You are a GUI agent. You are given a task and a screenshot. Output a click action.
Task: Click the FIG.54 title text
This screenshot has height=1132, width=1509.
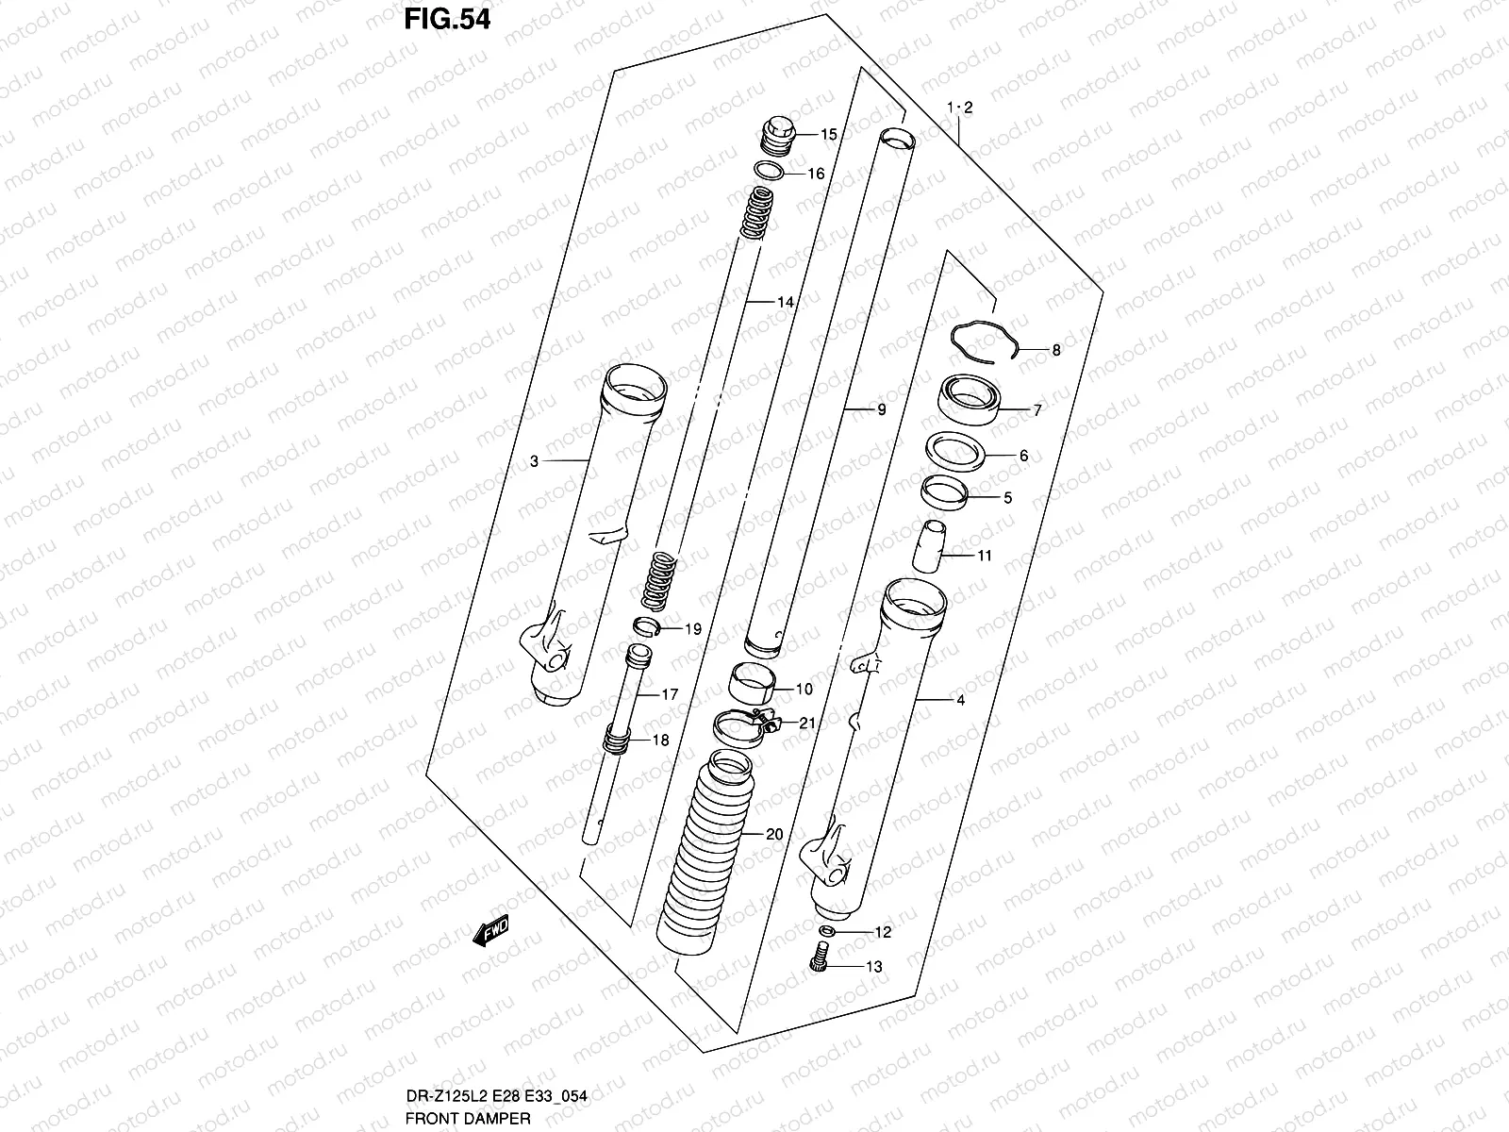(447, 20)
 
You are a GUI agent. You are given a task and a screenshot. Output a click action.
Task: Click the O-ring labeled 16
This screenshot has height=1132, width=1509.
(769, 171)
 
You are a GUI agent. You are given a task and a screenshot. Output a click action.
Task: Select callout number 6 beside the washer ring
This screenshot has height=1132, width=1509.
(1023, 456)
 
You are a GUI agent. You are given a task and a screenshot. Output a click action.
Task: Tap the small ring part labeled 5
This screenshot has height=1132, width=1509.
(945, 492)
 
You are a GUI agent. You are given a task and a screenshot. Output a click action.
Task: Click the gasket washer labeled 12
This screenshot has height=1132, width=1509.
(826, 932)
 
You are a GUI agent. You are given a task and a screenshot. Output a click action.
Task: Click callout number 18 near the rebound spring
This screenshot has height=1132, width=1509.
(660, 741)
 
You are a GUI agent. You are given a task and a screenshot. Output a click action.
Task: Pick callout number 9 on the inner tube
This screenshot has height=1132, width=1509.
(880, 410)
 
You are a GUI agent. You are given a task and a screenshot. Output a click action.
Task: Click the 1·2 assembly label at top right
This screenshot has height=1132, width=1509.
(959, 108)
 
